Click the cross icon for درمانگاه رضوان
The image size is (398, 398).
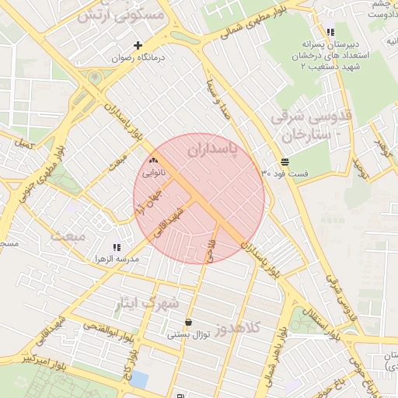138,45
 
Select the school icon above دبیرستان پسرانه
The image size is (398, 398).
331,33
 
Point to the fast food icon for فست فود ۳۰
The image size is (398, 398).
286,162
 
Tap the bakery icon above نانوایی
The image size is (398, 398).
152,161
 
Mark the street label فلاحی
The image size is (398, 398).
208,250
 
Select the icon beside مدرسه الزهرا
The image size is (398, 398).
117,247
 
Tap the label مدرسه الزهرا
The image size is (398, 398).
117,259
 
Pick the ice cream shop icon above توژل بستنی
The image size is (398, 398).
188,323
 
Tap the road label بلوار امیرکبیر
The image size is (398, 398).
30,360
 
